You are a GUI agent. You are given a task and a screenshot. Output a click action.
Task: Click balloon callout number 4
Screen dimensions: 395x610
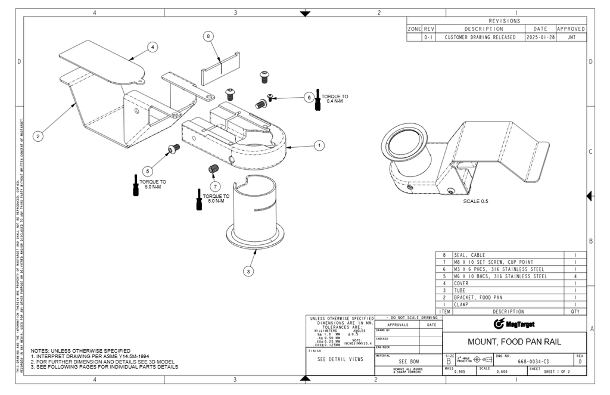[x=152, y=46]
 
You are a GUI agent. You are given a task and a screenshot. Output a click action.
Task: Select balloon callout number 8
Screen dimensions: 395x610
[x=208, y=36]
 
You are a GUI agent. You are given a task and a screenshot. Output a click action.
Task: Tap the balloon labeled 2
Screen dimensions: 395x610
[x=38, y=136]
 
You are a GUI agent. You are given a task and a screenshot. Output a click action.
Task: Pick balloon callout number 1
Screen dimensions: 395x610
[x=319, y=145]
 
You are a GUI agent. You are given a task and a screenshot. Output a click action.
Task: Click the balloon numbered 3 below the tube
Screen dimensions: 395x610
[x=248, y=271]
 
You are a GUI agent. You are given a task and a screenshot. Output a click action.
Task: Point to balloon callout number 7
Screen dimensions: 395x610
[x=216, y=186]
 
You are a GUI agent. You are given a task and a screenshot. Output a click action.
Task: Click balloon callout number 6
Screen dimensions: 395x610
[x=309, y=97]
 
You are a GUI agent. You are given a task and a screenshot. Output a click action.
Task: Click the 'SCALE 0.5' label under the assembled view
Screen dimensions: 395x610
[x=475, y=201]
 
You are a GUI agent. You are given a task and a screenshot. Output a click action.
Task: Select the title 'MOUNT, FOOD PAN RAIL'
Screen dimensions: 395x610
[x=514, y=342]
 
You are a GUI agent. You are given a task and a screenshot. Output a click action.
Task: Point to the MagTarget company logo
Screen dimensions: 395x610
[x=515, y=324]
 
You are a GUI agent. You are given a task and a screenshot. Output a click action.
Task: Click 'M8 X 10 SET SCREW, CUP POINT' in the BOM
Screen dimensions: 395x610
[x=493, y=262]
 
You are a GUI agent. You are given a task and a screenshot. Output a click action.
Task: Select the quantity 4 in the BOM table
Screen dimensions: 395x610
[x=575, y=276]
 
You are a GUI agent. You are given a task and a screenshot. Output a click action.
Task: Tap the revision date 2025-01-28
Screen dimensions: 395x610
[x=540, y=37]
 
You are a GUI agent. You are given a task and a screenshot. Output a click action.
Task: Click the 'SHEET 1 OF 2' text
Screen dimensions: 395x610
[x=556, y=371]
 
